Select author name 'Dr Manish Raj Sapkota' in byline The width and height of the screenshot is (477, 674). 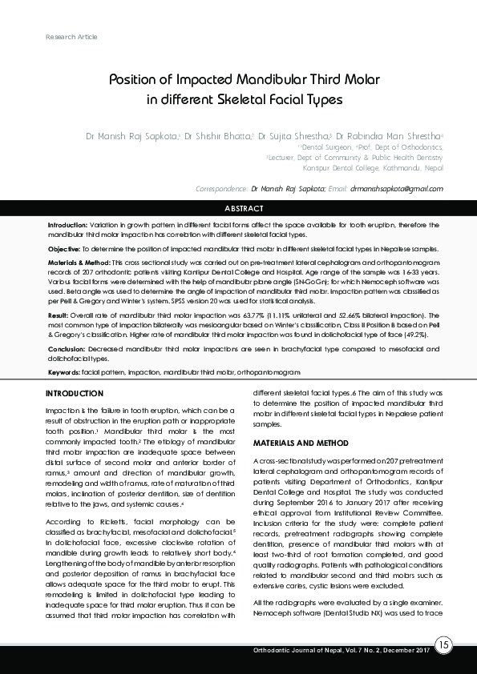131,137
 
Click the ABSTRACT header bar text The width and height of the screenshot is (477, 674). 243,208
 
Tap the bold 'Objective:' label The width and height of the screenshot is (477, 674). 64,249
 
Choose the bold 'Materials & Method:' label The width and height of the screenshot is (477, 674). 79,263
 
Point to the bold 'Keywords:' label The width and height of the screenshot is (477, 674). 64,373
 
